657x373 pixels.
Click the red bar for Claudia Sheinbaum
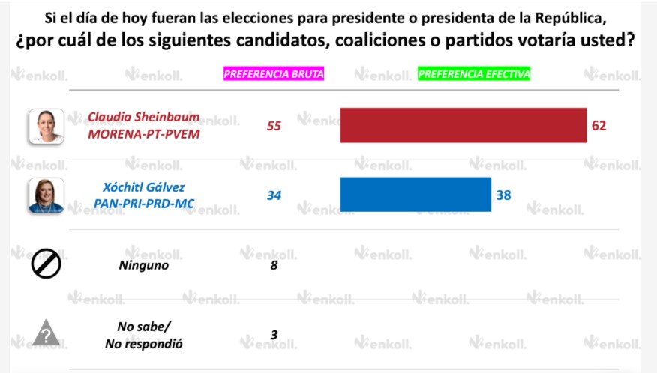[x=463, y=125]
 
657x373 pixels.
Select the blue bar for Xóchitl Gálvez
[x=415, y=195]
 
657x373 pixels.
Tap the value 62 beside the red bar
[x=598, y=125]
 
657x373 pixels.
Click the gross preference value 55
[x=274, y=126]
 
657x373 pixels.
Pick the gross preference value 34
[x=274, y=195]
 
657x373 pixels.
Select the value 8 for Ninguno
[x=274, y=264]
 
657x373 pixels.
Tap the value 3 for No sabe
[x=274, y=335]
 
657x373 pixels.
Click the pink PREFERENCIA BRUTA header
[x=274, y=74]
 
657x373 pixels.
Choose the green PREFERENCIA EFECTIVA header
[x=474, y=74]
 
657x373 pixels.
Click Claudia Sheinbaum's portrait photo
[x=46, y=126]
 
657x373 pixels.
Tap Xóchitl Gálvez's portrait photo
[x=46, y=195]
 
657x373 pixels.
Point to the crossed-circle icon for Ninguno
[x=46, y=264]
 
